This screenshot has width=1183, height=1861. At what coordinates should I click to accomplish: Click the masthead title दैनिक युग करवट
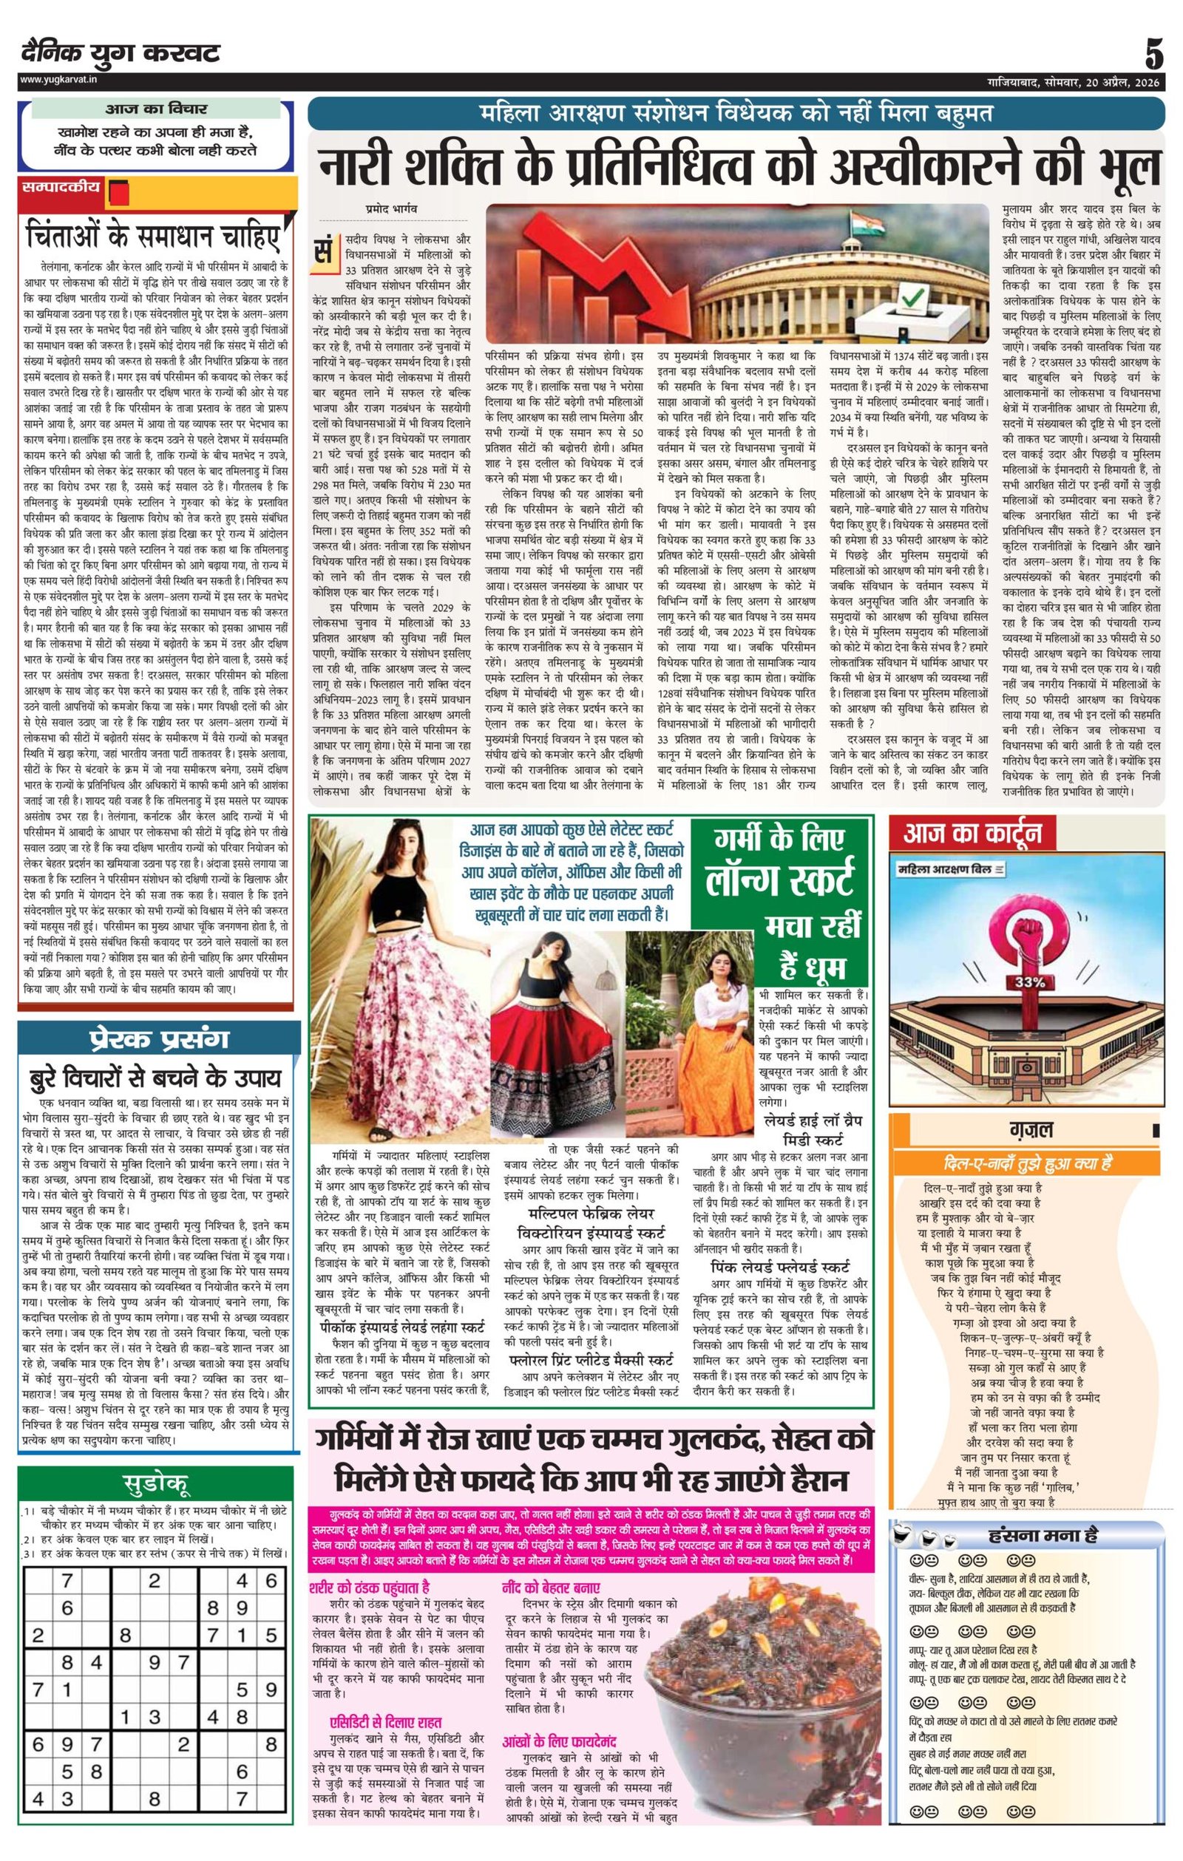pyautogui.click(x=120, y=53)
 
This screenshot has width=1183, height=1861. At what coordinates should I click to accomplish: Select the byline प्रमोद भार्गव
pyautogui.click(x=393, y=208)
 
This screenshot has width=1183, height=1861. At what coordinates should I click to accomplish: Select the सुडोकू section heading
pyautogui.click(x=157, y=1483)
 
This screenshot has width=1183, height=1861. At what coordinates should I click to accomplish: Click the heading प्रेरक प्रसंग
pyautogui.click(x=157, y=1038)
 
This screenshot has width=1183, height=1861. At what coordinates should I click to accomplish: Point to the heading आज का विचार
pyautogui.click(x=156, y=109)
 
